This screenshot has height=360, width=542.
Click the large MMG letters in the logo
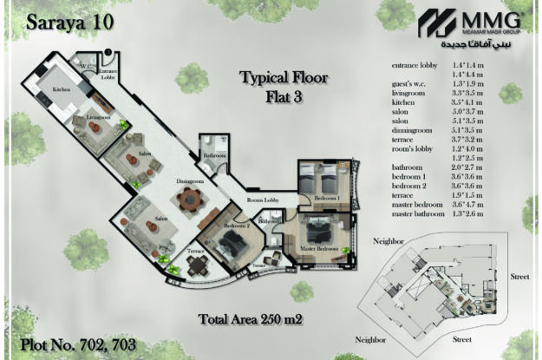coord(495,22)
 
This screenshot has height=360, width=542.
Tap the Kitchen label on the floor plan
coord(61,89)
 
